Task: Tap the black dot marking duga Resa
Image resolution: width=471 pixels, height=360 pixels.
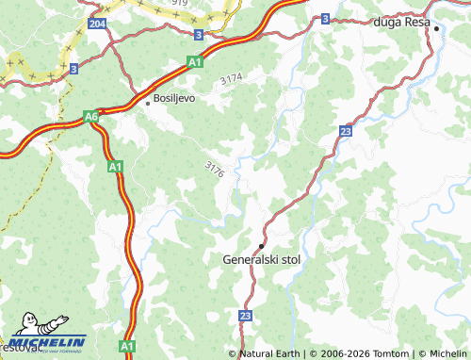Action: coord(437,29)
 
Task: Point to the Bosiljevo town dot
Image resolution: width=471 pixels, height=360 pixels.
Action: coord(147,103)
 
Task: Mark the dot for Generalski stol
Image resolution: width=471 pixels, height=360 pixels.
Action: coord(261,245)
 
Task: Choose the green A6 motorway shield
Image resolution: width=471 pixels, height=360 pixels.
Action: coord(90,116)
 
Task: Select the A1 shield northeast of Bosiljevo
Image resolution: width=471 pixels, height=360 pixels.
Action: coord(194,62)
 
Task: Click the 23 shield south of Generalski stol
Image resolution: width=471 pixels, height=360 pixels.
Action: coord(246,317)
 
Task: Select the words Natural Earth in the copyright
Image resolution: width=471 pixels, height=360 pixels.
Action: coord(268,353)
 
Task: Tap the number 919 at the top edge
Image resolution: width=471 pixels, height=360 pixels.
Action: coord(180,4)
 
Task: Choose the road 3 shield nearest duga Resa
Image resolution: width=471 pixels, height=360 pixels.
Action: coord(325,18)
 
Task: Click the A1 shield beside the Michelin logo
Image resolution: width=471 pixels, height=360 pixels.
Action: coord(126,347)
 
